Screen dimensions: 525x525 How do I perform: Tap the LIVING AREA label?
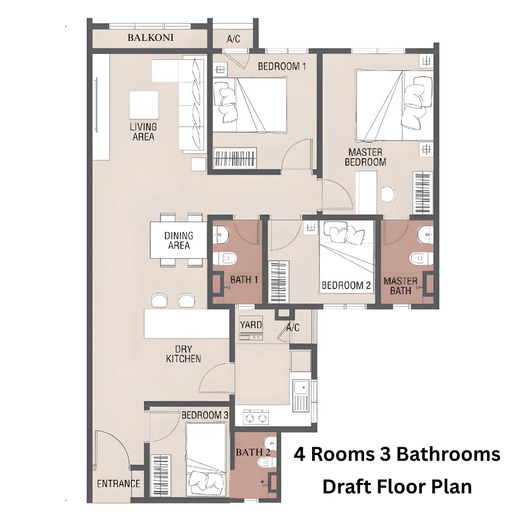point(143,132)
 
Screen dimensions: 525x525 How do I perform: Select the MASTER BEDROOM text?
point(365,157)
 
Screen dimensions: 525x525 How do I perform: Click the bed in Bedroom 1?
point(250,105)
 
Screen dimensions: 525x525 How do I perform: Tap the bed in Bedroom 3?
point(206,459)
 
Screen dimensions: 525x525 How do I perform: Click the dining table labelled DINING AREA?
point(178,241)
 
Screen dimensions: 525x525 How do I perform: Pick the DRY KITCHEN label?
point(183,354)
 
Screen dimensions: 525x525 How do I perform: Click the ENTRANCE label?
point(119,484)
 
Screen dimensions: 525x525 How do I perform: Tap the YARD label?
point(251,325)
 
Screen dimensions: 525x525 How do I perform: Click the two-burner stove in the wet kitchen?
point(257,417)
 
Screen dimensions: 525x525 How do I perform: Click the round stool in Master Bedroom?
point(389,194)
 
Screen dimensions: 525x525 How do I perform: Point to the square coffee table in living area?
point(143,105)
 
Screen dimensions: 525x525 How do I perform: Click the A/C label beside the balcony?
point(233,38)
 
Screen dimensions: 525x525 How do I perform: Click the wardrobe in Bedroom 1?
point(235,158)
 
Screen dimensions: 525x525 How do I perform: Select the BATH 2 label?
point(253,453)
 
